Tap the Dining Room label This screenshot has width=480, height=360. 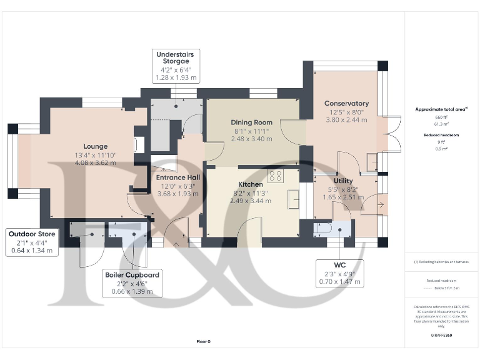tap(252, 122)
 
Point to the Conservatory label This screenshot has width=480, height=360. tap(346, 103)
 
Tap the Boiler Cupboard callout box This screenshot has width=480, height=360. tap(135, 283)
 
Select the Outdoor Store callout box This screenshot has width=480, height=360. tap(32, 242)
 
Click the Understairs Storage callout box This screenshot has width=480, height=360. tap(176, 66)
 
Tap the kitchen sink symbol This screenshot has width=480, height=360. tap(292, 199)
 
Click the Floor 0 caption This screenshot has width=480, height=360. tap(204, 341)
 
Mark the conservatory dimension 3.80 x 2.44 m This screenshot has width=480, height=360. tap(346, 119)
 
